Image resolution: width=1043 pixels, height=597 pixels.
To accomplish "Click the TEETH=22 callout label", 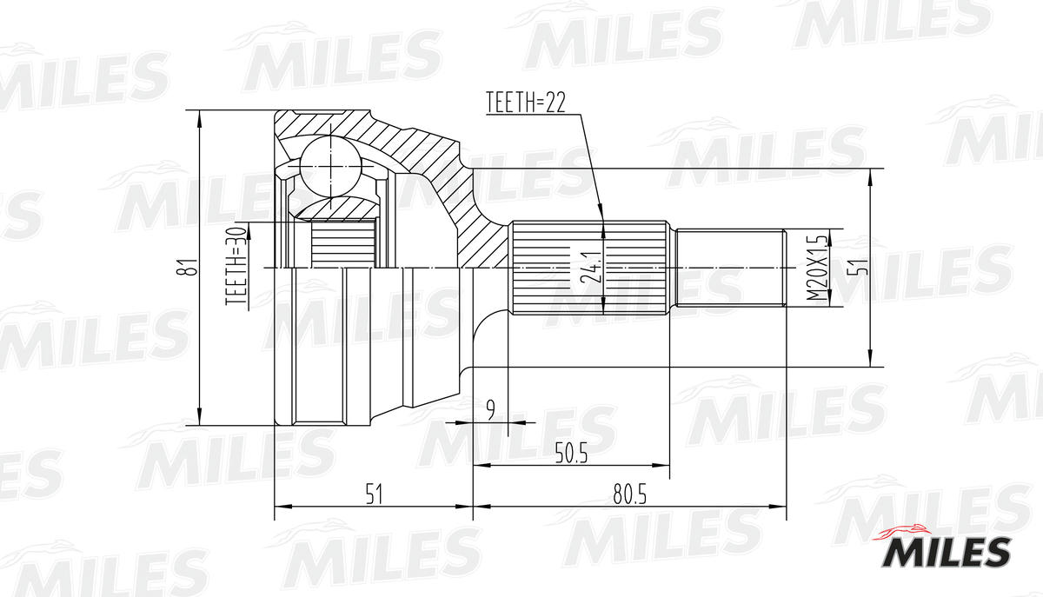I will [x=525, y=103].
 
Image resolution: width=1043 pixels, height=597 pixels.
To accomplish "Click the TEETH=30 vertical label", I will [x=236, y=266].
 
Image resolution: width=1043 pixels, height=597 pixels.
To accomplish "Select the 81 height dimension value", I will [x=184, y=268].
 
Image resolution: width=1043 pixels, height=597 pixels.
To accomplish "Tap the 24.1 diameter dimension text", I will [x=591, y=267].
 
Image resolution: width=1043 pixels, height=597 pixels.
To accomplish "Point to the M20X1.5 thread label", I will [x=814, y=267].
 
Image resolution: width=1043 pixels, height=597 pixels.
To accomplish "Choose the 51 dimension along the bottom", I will [x=374, y=494].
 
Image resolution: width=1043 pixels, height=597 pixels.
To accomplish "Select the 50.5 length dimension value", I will [x=571, y=454].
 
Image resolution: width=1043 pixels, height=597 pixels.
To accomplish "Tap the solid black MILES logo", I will [x=947, y=552].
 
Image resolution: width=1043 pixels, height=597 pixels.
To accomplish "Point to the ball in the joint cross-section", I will [x=330, y=165].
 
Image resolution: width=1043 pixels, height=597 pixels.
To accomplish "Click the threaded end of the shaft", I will [x=730, y=267].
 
